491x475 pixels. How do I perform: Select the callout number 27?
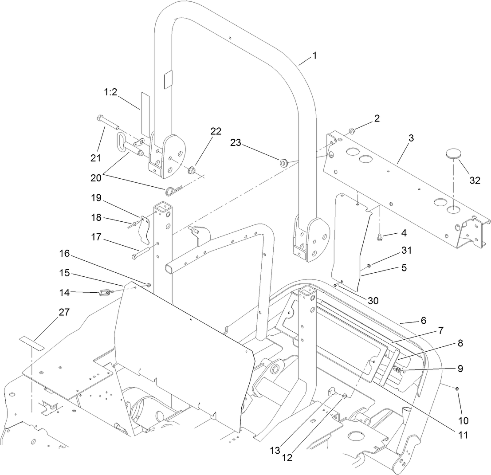click(x=64, y=312)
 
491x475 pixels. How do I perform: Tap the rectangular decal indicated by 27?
click(x=32, y=342)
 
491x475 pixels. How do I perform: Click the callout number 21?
click(x=96, y=158)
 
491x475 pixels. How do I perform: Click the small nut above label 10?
click(x=457, y=389)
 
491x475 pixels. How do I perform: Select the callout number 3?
click(x=411, y=138)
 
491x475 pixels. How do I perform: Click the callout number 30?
click(x=373, y=300)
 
